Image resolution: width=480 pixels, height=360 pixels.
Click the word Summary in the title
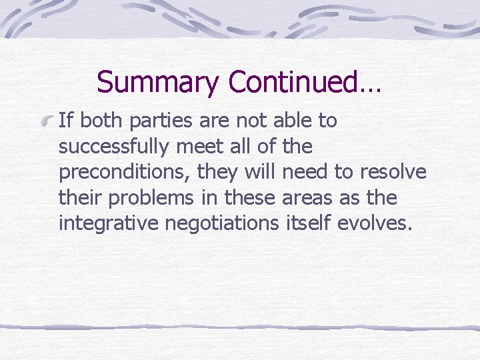tap(157, 83)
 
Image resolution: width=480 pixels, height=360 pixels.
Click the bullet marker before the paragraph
tap(47, 121)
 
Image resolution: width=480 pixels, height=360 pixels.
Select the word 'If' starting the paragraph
tap(65, 121)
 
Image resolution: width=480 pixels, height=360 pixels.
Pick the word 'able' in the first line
tap(290, 121)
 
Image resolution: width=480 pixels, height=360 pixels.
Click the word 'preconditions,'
tap(125, 173)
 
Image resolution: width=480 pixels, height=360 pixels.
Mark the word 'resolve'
tap(393, 172)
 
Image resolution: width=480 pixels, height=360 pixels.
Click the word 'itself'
tap(312, 223)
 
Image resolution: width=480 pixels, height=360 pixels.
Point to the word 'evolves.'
tap(376, 223)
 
